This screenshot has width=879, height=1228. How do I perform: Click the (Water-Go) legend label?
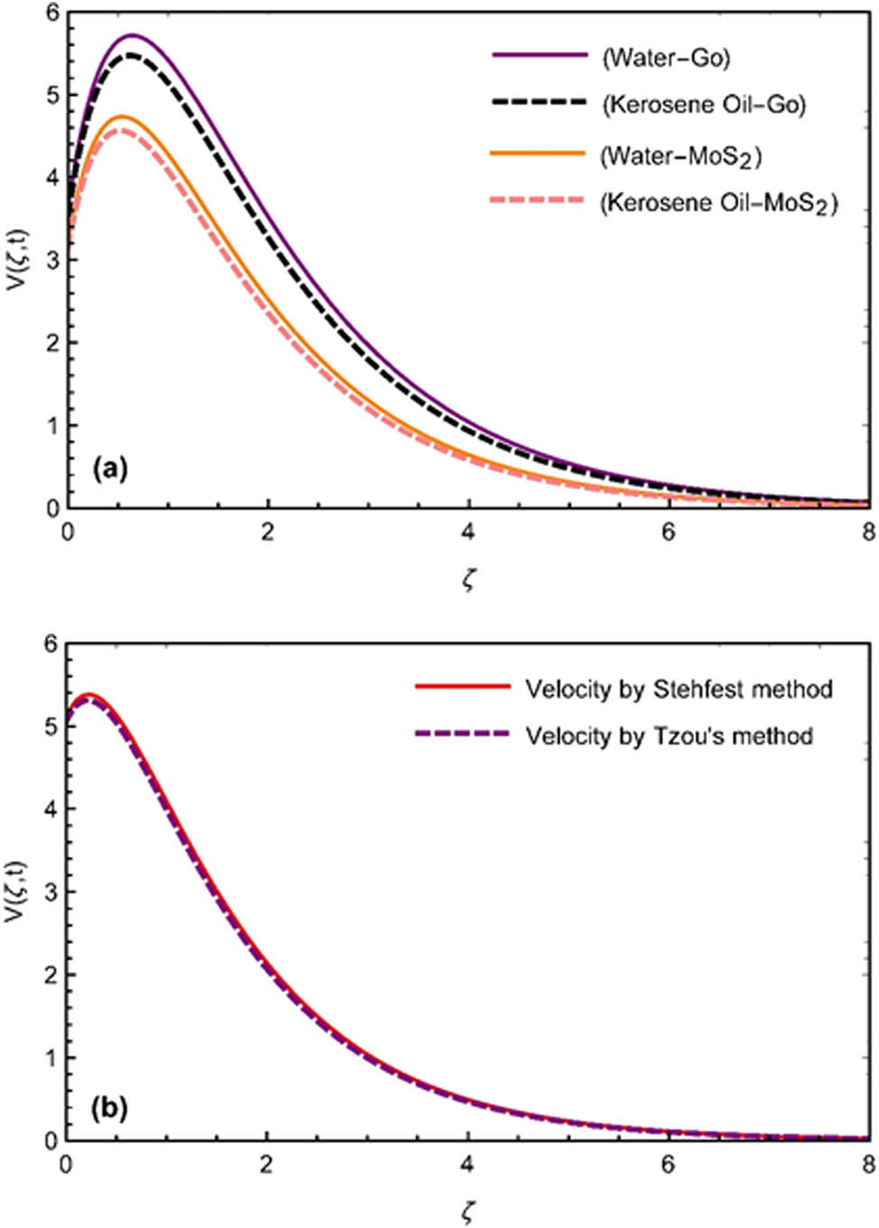pyautogui.click(x=665, y=58)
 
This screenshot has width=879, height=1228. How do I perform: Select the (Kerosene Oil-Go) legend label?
pyautogui.click(x=703, y=105)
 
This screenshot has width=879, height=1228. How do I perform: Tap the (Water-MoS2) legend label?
pyautogui.click(x=681, y=156)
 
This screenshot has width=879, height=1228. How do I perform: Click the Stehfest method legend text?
pyautogui.click(x=678, y=690)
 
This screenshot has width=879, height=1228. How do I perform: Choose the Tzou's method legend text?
pyautogui.click(x=669, y=736)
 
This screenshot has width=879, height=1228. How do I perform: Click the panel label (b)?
pyautogui.click(x=110, y=1106)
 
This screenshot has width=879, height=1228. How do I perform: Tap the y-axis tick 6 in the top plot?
pyautogui.click(x=51, y=14)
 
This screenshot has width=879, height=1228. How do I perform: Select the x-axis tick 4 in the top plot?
pyautogui.click(x=468, y=532)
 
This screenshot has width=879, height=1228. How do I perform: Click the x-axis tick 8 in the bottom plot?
pyautogui.click(x=867, y=1165)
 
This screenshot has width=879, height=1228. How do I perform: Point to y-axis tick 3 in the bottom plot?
pyautogui.click(x=51, y=892)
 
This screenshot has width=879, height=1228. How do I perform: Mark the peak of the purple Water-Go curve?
pyautogui.click(x=133, y=35)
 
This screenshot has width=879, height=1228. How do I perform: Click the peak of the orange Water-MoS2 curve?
pyautogui.click(x=122, y=116)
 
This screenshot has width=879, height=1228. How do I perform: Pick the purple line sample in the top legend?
pyautogui.click(x=539, y=56)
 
